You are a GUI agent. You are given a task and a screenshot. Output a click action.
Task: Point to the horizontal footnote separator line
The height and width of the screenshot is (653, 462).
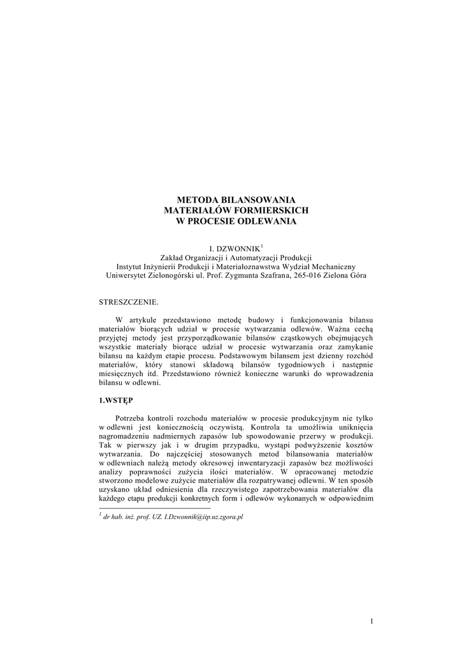[x=138, y=508]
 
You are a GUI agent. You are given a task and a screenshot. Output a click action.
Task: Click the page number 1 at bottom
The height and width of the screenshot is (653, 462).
[x=370, y=620]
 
